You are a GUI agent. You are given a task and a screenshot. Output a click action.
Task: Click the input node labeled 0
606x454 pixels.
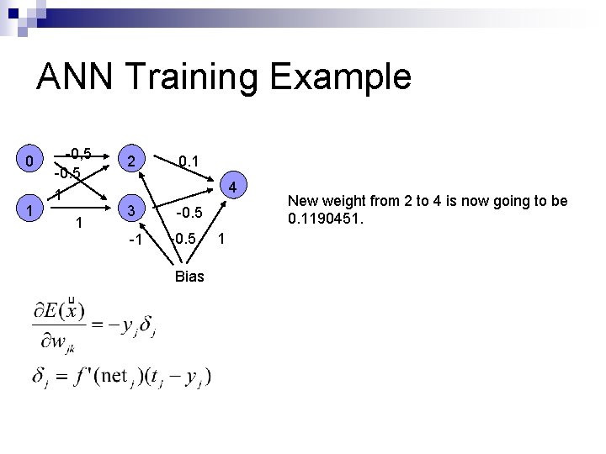point(29,161)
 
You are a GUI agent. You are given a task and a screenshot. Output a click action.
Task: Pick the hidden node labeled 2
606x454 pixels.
point(130,161)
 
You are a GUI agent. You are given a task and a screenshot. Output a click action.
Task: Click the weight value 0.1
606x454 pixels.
point(189,159)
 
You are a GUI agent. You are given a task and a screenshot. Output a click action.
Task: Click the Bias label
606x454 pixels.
point(189,276)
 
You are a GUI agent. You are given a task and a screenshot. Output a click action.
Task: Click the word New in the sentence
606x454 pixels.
point(303,201)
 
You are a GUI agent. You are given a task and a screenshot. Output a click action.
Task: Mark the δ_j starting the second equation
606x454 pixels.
point(40,377)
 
